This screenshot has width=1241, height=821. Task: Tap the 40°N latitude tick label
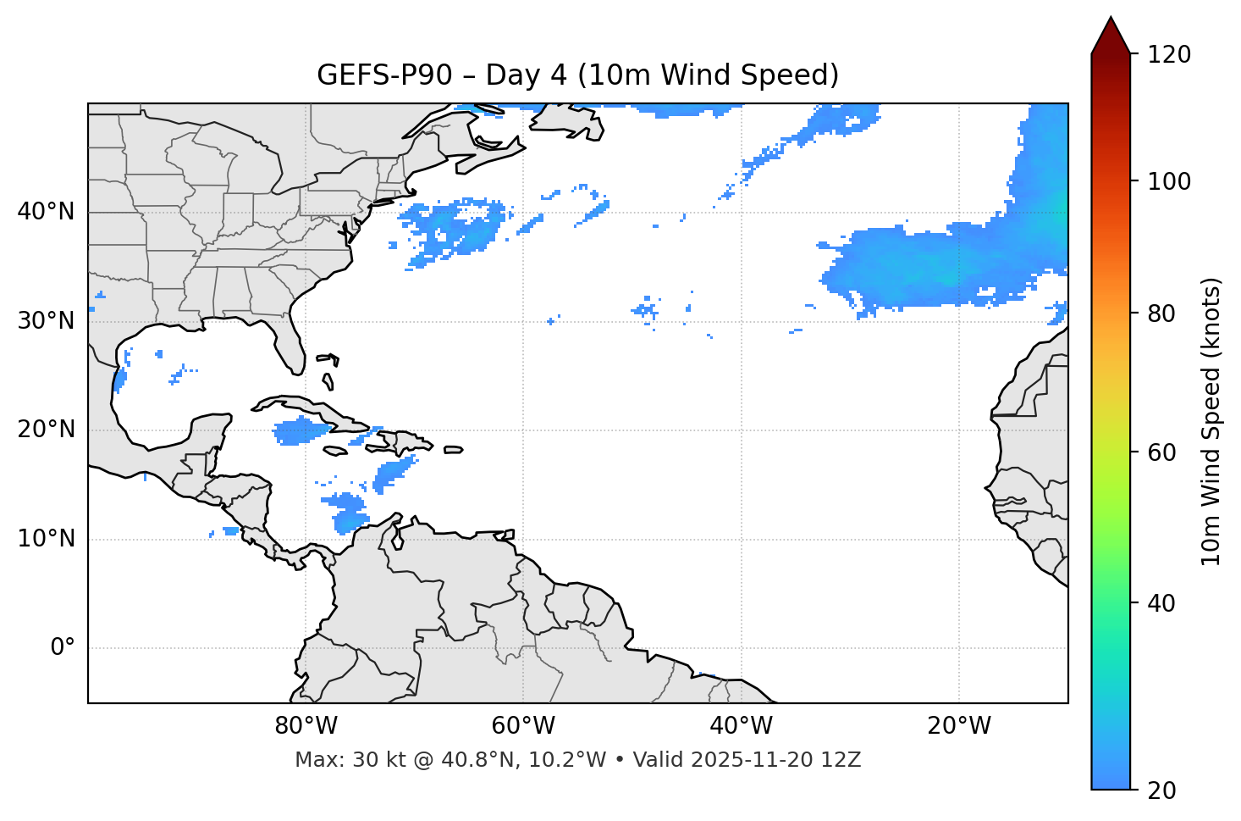(x=46, y=212)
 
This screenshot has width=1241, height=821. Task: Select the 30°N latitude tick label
(x=46, y=321)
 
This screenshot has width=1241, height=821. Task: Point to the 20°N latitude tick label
(x=46, y=430)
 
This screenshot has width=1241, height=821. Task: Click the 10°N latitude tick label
(x=46, y=539)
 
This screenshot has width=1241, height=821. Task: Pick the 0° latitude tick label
(x=62, y=648)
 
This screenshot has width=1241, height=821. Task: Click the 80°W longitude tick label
(x=306, y=726)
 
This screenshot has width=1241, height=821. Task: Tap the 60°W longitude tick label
(x=523, y=726)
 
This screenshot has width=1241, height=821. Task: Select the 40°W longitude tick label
(x=741, y=726)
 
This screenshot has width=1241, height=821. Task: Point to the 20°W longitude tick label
(x=958, y=726)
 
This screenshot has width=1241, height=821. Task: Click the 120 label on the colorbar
(x=1168, y=55)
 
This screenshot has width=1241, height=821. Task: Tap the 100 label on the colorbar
(x=1168, y=181)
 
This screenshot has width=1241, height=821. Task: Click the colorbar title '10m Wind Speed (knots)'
(x=1211, y=421)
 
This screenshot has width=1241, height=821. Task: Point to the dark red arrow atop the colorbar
(x=1111, y=36)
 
